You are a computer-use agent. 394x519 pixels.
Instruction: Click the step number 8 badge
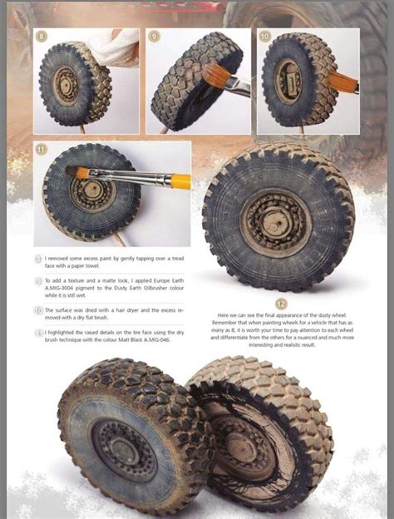click(42, 37)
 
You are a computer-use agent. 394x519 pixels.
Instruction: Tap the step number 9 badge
click(154, 37)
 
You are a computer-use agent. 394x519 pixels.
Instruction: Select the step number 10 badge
click(264, 37)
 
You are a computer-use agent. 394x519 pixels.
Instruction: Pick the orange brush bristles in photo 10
click(341, 82)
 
